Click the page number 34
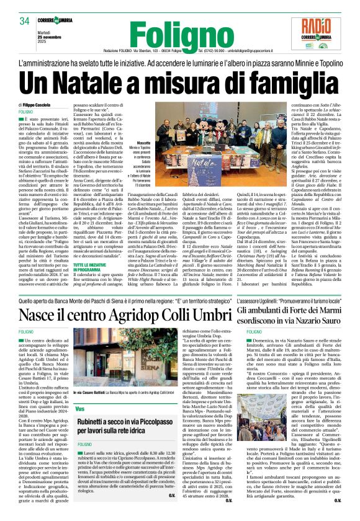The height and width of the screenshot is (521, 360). pos(25,21)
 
